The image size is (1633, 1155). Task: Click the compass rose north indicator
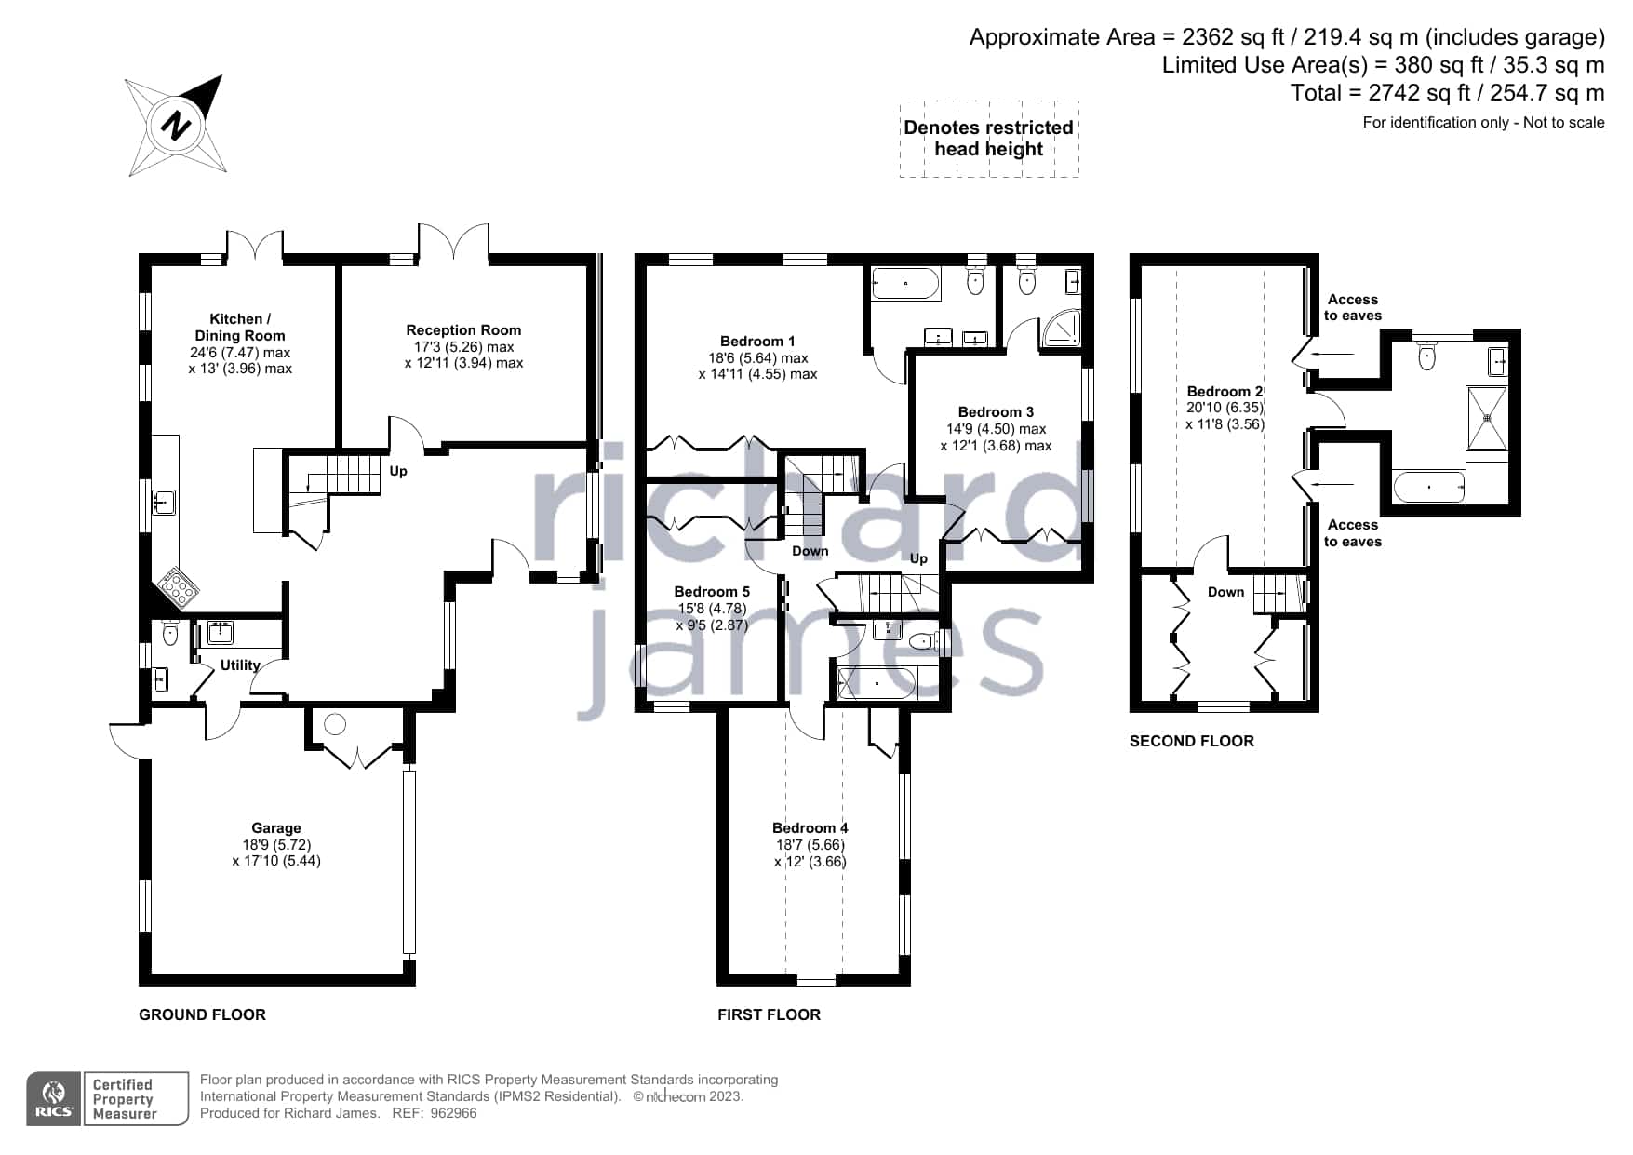click(176, 125)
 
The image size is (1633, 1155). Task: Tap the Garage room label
click(276, 827)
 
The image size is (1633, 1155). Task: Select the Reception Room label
click(463, 329)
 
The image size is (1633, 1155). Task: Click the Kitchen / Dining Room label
click(240, 327)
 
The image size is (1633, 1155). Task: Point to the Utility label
click(240, 665)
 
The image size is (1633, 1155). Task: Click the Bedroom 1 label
click(757, 341)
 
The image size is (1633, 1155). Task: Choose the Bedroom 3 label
click(996, 411)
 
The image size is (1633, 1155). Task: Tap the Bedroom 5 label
click(712, 591)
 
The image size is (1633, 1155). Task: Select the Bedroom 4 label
click(810, 827)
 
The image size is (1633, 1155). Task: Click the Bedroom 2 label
click(1225, 391)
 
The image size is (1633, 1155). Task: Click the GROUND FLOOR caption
click(202, 1014)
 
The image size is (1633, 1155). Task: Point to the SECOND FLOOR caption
click(1192, 741)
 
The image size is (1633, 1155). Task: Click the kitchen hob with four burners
click(176, 586)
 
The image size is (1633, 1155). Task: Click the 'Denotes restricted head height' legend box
click(989, 139)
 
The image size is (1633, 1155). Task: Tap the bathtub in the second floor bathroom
click(1429, 487)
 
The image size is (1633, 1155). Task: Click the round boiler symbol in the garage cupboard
click(335, 724)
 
